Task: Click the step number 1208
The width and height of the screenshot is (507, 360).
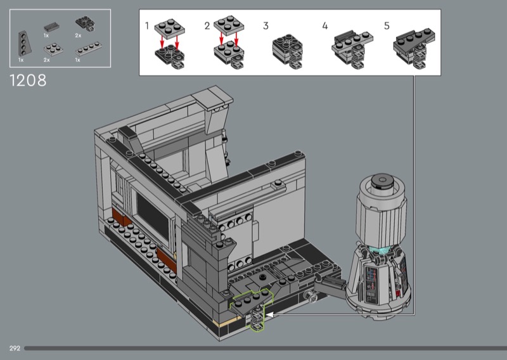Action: tap(28, 80)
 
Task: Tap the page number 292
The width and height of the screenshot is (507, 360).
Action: tap(15, 349)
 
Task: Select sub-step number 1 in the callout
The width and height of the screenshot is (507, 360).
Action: tap(147, 25)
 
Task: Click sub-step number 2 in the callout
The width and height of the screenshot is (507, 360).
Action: tap(207, 26)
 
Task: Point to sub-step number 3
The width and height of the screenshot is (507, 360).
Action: tap(266, 26)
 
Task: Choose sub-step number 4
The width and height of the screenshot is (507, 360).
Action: tap(325, 26)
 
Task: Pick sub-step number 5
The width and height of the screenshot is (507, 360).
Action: tap(387, 26)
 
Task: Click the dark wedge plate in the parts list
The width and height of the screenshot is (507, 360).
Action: tap(25, 44)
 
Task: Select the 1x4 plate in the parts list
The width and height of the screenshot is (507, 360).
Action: tap(88, 49)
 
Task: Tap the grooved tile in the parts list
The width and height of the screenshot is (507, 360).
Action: tap(52, 26)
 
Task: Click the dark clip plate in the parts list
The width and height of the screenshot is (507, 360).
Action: tap(85, 24)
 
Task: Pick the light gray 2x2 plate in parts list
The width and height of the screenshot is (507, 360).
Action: tap(53, 50)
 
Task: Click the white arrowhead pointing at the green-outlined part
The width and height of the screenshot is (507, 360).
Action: tap(269, 314)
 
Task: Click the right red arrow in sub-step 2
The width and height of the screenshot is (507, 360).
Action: tap(236, 39)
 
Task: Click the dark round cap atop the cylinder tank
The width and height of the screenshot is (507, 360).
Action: tap(382, 181)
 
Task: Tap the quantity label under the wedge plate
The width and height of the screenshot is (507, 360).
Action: tap(21, 60)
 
